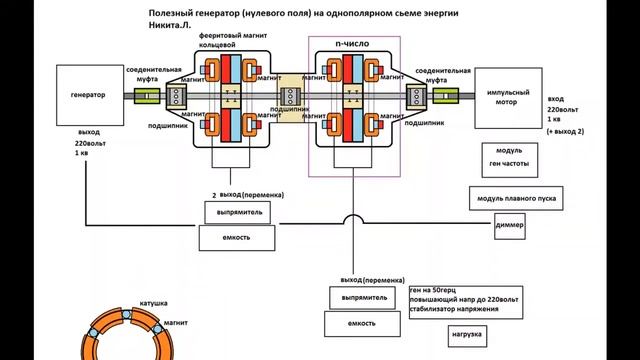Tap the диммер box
pos(516,226)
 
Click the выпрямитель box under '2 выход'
pos(238,213)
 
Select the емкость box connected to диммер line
pos(238,238)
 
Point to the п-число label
pos(354,45)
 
